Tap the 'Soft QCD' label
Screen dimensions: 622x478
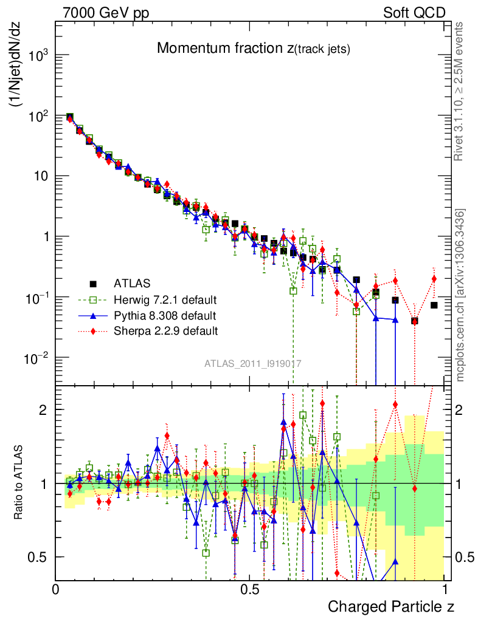(414, 13)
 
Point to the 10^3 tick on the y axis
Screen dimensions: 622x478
(38, 56)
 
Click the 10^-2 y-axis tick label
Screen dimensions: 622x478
(36, 358)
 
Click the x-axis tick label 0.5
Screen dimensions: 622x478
(249, 590)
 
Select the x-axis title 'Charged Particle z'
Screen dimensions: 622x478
(391, 606)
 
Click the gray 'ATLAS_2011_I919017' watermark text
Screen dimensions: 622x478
(253, 364)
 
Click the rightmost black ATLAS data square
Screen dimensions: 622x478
(434, 305)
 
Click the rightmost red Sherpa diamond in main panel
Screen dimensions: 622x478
(434, 279)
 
